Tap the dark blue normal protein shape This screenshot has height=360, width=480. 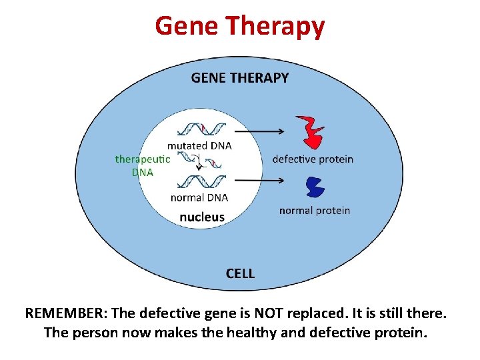coord(313,187)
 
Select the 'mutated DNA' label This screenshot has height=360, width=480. coord(199,146)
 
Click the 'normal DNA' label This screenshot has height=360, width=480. coord(199,197)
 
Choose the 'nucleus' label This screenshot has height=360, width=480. coord(202,217)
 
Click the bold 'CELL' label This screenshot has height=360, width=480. coord(240,273)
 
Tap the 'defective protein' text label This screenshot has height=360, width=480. coord(313,159)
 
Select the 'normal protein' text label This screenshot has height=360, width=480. coord(314,211)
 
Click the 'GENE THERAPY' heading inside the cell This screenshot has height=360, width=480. coord(240,78)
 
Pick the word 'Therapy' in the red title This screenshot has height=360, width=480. coord(275,26)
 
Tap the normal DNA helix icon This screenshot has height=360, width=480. coord(204,181)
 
